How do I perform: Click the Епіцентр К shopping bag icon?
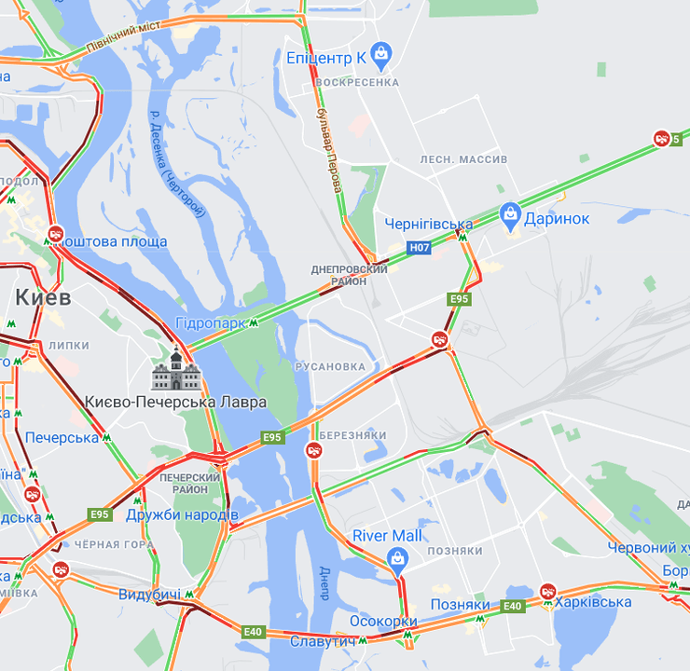tap(380, 57)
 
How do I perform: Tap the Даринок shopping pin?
tap(510, 217)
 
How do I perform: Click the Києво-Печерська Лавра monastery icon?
tap(176, 370)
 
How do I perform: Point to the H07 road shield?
tap(421, 248)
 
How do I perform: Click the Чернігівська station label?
tap(428, 225)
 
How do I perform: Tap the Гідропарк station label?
tap(211, 323)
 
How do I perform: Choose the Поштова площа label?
tap(115, 242)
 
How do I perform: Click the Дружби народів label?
tap(182, 514)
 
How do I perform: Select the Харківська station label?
tap(593, 602)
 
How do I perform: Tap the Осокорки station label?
tap(382, 622)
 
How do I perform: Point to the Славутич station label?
tap(323, 641)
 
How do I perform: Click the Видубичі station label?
tap(149, 594)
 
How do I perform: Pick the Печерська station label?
tap(62, 437)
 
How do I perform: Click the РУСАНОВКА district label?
tap(330, 366)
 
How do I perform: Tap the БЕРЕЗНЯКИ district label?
tap(352, 435)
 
